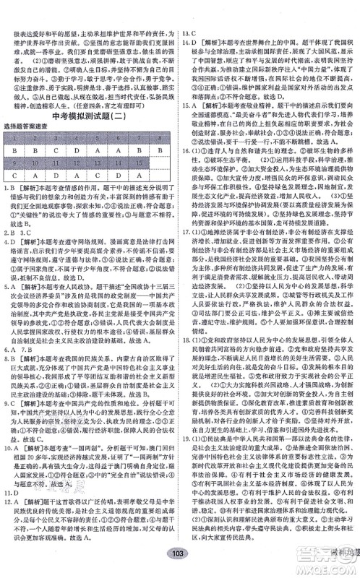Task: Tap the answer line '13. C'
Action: point(192,14)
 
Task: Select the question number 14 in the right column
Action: point(189,24)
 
